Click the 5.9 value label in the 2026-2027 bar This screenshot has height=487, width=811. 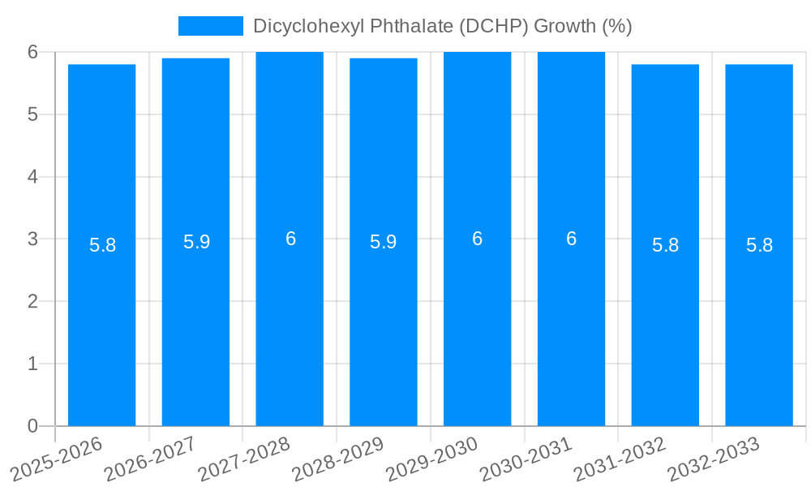point(196,242)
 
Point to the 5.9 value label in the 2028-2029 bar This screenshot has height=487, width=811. point(384,242)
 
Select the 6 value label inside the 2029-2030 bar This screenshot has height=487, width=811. point(478,239)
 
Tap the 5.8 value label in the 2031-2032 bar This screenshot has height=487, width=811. point(665,245)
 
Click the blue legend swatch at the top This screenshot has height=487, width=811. point(210,26)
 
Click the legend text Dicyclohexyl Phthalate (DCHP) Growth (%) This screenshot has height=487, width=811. point(442,26)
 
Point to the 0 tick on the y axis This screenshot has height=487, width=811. point(32,426)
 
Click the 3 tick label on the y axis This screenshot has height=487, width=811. point(32,239)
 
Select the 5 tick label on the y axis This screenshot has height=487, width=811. point(32,114)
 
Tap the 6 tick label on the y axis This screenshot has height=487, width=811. point(32,52)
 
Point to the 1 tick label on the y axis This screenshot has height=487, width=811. point(32,364)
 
